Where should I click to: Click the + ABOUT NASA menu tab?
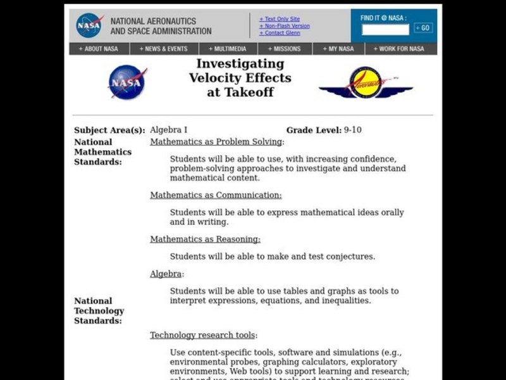pyautogui.click(x=99, y=49)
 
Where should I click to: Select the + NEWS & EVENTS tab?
pyautogui.click(x=164, y=49)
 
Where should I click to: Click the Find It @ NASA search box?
pyautogui.click(x=385, y=29)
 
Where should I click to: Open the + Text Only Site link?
pyautogui.click(x=280, y=19)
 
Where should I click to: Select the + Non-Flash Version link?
pyautogui.click(x=285, y=26)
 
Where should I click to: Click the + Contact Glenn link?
pyautogui.click(x=280, y=33)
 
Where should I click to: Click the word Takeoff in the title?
pyautogui.click(x=240, y=92)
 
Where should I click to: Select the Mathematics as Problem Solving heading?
pyautogui.click(x=216, y=142)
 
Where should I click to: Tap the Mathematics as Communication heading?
pyautogui.click(x=216, y=195)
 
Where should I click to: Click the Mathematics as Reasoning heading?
pyautogui.click(x=205, y=239)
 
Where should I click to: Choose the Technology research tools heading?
pyautogui.click(x=203, y=335)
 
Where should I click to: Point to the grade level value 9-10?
pyautogui.click(x=352, y=130)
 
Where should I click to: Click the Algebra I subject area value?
pyautogui.click(x=168, y=130)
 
